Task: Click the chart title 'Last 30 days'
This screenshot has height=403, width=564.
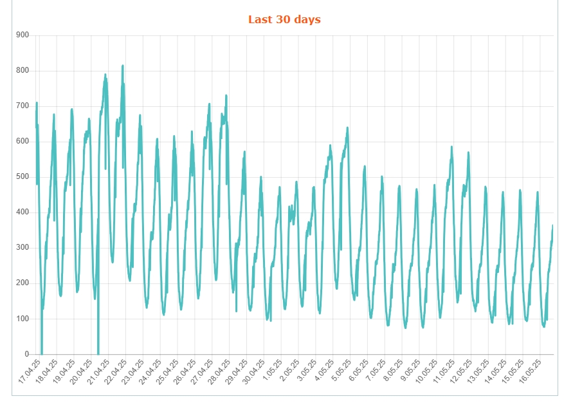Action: click(284, 19)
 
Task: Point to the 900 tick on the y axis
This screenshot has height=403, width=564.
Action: click(23, 35)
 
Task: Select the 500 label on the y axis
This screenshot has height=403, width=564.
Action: click(23, 176)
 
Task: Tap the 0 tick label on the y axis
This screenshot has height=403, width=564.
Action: click(27, 354)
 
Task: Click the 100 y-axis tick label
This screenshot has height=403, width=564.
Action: click(23, 319)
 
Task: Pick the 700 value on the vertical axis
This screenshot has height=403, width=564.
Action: click(23, 106)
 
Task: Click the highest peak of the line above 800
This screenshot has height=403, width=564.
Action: click(123, 66)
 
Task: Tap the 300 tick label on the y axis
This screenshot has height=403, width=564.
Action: click(23, 247)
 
